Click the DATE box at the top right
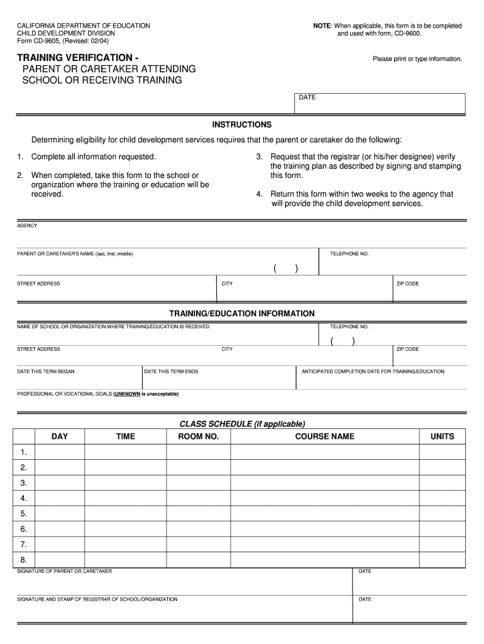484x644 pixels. (380, 103)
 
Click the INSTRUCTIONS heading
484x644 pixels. (242, 125)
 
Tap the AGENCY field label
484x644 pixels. (27, 226)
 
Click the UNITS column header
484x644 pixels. (442, 436)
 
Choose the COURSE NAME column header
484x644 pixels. (324, 436)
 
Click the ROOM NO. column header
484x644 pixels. (199, 436)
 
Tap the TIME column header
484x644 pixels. (126, 436)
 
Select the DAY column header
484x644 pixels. (60, 436)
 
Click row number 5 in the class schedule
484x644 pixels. (24, 513)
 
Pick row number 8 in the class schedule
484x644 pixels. (24, 559)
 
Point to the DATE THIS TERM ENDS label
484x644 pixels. (171, 372)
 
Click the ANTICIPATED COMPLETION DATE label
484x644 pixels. (373, 372)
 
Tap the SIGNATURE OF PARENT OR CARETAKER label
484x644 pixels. (64, 571)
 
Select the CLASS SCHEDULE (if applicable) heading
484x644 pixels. (242, 423)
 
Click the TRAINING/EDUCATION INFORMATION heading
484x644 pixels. (242, 313)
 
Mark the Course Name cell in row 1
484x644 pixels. (324, 452)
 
